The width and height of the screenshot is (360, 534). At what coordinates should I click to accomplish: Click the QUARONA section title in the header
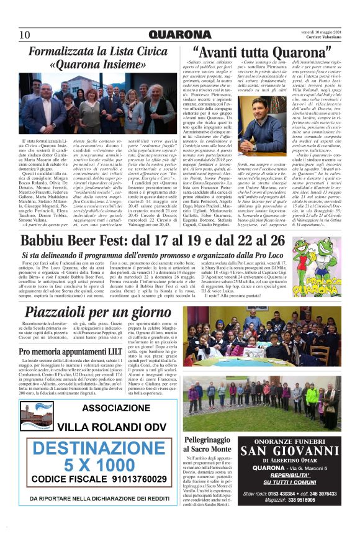[x=179, y=35]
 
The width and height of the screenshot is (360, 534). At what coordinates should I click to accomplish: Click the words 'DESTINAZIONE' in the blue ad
[x=99, y=448]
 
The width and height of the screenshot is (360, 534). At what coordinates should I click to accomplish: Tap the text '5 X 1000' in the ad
[x=99, y=464]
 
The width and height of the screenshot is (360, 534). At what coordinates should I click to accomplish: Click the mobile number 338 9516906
[x=294, y=517]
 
